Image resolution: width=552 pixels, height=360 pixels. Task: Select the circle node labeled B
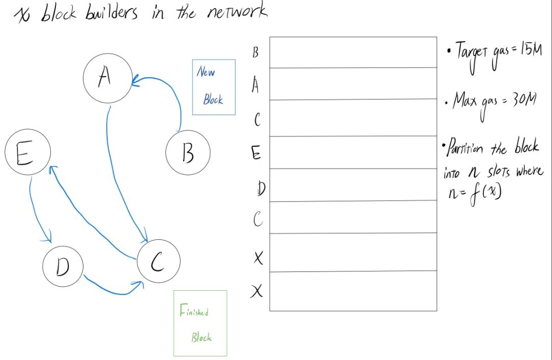pos(187,152)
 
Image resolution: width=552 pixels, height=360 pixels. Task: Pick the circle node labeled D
pos(63,267)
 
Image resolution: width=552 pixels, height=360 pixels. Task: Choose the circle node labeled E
pos(27,153)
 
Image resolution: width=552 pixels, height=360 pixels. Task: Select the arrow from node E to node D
pos(34,209)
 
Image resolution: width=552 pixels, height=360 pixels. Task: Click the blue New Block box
pos(214,87)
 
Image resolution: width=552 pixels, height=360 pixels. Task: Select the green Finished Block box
pos(200,323)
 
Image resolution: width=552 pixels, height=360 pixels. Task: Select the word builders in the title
pos(114,14)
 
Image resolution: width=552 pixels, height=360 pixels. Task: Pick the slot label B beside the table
pos(256,53)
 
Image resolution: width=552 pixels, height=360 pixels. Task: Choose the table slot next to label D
pos(353,185)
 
